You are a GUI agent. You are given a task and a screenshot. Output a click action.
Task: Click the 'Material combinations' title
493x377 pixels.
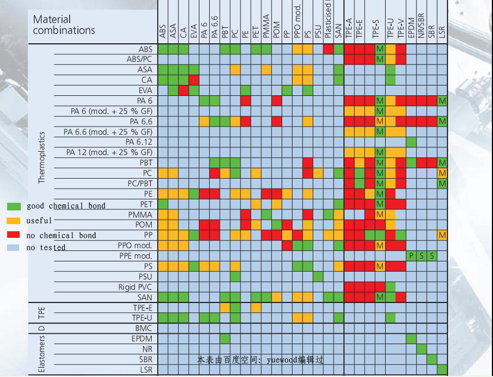(x=64, y=25)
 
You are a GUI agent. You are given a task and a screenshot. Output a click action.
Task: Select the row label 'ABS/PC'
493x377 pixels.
(x=139, y=59)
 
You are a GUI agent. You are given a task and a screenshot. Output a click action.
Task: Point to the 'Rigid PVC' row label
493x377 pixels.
(x=135, y=287)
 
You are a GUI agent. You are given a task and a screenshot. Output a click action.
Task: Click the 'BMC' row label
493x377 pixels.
(x=143, y=328)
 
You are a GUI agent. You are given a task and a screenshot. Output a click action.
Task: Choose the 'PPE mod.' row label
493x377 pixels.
(x=135, y=256)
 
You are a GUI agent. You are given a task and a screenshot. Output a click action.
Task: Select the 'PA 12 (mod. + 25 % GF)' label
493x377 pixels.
(x=109, y=152)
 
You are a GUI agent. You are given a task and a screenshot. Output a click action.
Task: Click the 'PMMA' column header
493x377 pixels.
(x=266, y=27)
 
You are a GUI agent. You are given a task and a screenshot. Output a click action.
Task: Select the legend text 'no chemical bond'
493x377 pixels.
(x=61, y=236)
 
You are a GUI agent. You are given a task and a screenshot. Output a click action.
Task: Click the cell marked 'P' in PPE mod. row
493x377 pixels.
(x=411, y=256)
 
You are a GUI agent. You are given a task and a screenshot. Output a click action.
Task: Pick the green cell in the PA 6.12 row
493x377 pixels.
(x=411, y=142)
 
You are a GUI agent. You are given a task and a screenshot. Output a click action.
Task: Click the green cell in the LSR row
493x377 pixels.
(x=442, y=369)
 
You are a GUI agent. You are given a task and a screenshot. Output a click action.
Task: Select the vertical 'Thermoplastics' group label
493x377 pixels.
(x=42, y=158)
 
